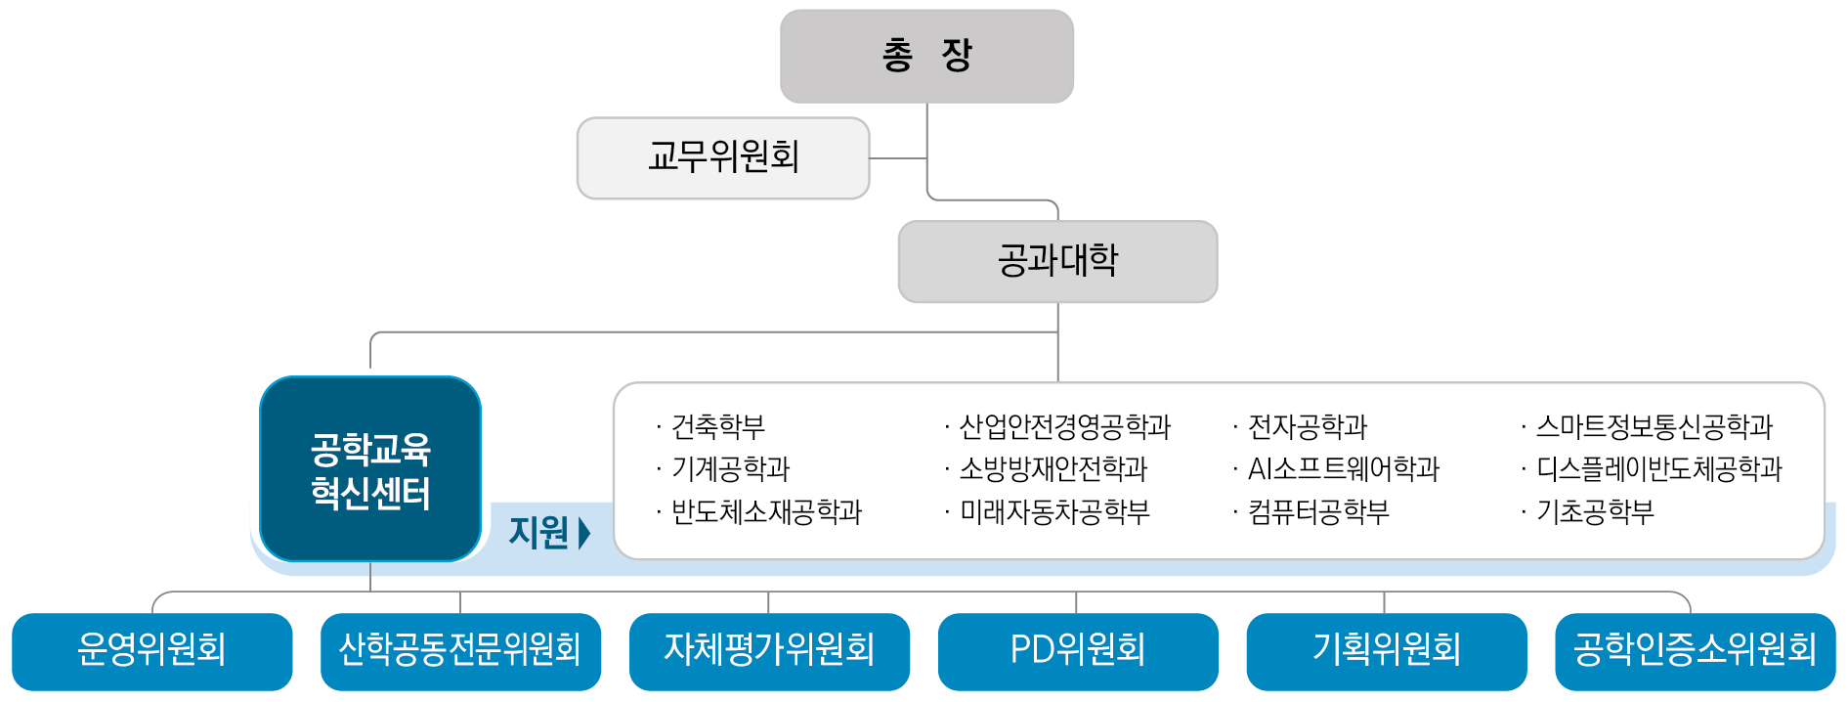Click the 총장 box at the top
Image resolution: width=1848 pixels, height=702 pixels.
(926, 56)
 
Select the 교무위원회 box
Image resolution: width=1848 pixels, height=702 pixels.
(723, 157)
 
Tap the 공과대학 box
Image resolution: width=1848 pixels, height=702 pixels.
(1057, 261)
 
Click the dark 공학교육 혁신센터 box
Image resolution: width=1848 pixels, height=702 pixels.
(370, 469)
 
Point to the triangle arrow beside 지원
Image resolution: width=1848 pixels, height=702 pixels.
(584, 533)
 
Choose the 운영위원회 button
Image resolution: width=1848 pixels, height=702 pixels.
(151, 650)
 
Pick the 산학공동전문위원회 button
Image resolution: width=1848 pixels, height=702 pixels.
(460, 650)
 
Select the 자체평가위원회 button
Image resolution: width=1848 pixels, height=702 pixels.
(769, 650)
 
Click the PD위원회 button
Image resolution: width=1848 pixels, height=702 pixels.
(1078, 650)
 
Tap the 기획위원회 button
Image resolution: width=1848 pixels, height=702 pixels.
(1387, 650)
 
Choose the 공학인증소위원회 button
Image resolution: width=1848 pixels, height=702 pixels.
(1695, 650)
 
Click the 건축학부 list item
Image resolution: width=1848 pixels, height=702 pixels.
(717, 426)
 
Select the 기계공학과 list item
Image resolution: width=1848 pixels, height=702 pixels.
(730, 469)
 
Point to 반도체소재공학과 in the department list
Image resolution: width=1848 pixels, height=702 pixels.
(766, 512)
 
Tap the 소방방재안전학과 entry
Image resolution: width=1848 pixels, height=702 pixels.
(1053, 469)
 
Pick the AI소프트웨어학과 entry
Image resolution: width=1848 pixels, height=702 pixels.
(1343, 469)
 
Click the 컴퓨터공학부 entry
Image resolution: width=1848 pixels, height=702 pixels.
(1317, 512)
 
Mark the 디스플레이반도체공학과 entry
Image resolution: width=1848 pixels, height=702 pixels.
(1658, 469)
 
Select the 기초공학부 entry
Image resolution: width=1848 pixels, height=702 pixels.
(1595, 512)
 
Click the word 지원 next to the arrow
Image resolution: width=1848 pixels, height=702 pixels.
(538, 533)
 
